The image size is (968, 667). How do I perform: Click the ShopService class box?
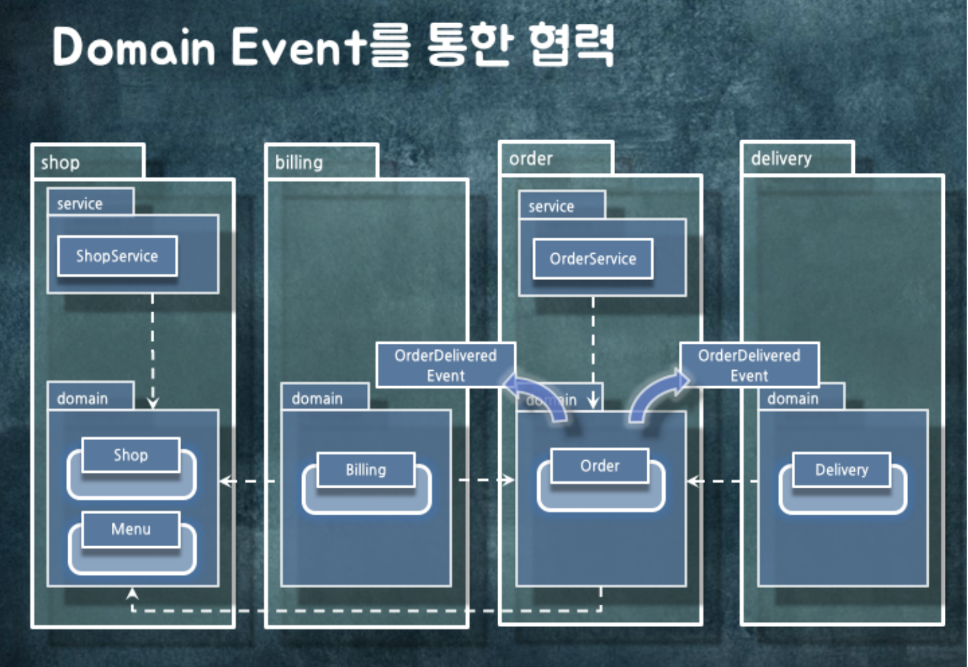tap(117, 256)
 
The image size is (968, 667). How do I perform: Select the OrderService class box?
tap(593, 259)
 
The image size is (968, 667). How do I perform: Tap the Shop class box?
tap(130, 456)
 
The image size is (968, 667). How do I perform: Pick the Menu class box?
tap(130, 529)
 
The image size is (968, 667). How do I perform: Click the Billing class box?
tap(366, 470)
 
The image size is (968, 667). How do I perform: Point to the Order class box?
tap(600, 466)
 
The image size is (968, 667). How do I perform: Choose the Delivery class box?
tap(841, 470)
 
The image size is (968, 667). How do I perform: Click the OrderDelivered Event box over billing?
tap(445, 365)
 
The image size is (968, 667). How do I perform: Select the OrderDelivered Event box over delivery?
tap(749, 365)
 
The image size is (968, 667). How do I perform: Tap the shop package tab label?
tap(60, 163)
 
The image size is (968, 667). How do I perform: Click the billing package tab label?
tap(299, 163)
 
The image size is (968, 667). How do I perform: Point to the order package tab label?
tap(531, 159)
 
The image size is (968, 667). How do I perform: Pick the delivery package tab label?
tap(781, 159)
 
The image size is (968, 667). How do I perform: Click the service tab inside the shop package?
tap(80, 204)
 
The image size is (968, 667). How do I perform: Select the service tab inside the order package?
tap(551, 206)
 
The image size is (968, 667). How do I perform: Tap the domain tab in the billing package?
tap(317, 398)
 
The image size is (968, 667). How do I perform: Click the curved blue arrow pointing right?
tap(656, 395)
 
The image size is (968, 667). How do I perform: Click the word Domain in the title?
tap(134, 47)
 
